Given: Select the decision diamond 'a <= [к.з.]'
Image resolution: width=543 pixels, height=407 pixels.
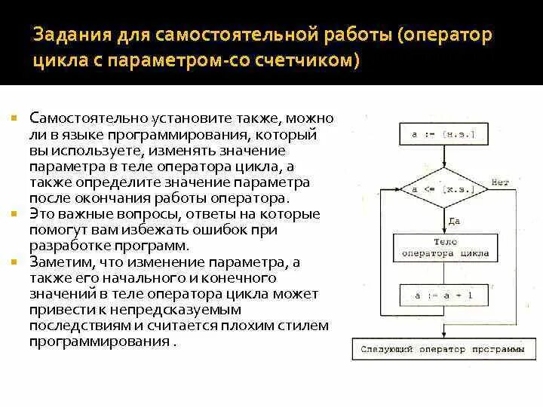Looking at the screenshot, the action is click(x=441, y=189).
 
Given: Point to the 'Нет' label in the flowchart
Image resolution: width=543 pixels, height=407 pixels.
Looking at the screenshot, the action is click(x=500, y=182).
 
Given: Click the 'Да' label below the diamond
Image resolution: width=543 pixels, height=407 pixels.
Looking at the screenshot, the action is click(x=454, y=221).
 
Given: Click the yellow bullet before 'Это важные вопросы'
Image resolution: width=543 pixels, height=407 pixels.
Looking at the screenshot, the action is click(x=14, y=215).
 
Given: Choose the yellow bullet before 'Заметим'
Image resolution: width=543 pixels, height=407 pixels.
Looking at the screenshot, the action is click(x=14, y=262).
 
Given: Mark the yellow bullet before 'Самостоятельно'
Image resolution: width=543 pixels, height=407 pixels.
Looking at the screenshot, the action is click(x=14, y=120).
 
